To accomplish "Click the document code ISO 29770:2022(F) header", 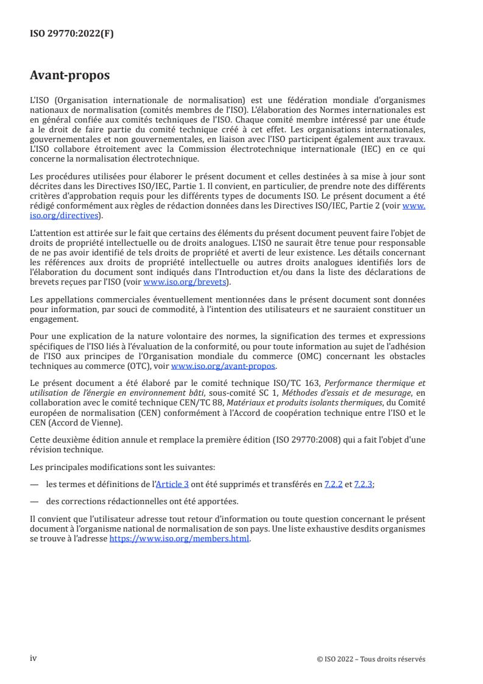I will click(72, 34).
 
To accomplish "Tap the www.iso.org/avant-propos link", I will click(224, 366).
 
